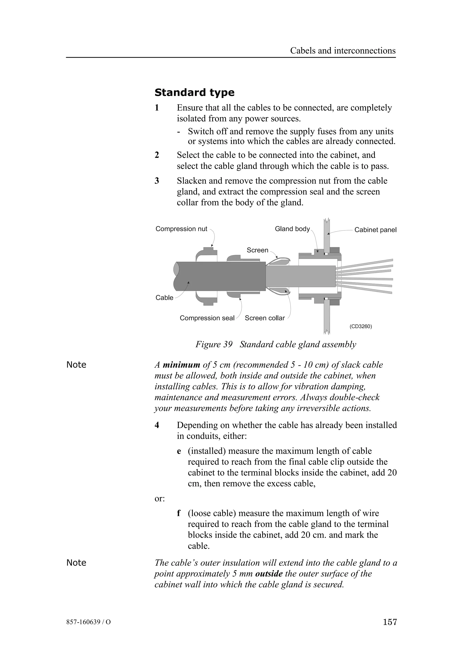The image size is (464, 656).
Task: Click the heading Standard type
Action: coord(194,93)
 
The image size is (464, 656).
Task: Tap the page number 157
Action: coord(390,630)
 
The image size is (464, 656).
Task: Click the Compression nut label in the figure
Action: coord(181,229)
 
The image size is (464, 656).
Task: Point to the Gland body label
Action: coord(292,229)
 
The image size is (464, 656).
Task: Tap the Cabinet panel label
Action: coord(375,230)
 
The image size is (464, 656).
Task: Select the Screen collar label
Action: coord(264,318)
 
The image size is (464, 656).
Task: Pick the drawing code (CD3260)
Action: coord(360,326)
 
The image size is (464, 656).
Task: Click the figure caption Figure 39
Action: coord(214,344)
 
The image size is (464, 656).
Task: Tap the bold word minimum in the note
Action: coord(181,365)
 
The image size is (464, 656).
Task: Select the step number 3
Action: coord(157,181)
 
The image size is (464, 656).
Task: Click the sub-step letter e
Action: coord(179,451)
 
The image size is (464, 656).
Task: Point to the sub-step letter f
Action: coord(179,513)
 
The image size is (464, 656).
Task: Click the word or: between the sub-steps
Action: coord(159,499)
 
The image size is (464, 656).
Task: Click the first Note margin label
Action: coord(76,365)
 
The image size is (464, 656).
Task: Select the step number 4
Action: coord(157,425)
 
